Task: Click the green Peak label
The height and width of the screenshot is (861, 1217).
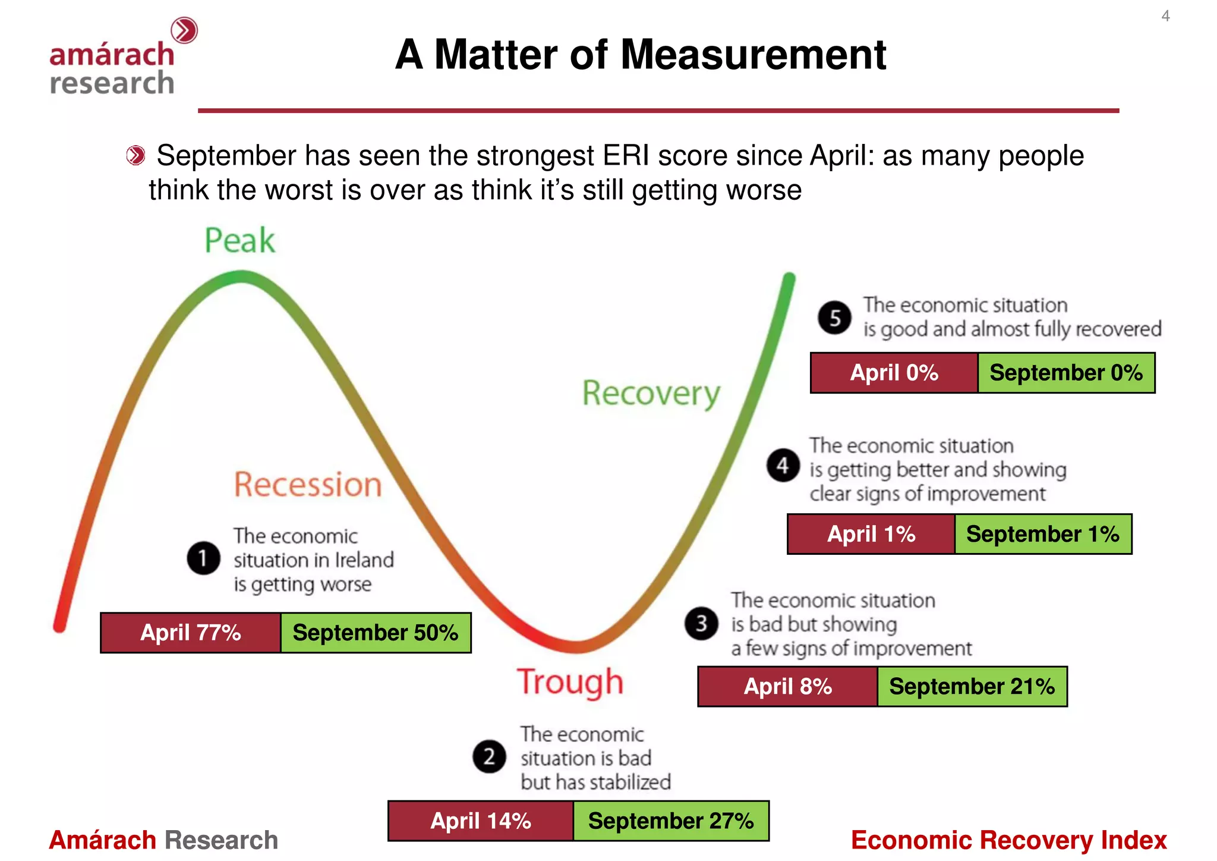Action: pyautogui.click(x=239, y=240)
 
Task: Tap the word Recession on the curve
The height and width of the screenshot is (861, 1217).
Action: pyautogui.click(x=307, y=484)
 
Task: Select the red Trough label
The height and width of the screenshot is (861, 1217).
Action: pyautogui.click(x=570, y=682)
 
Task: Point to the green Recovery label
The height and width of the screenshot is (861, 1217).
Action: pyautogui.click(x=651, y=394)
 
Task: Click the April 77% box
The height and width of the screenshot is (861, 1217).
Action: pyautogui.click(x=190, y=633)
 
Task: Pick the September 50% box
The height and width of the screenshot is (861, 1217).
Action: pyautogui.click(x=376, y=633)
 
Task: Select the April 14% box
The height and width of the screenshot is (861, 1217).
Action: pyautogui.click(x=480, y=821)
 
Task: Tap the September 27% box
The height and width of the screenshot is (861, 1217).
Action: pyautogui.click(x=671, y=821)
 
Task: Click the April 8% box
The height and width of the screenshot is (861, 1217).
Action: pyautogui.click(x=787, y=687)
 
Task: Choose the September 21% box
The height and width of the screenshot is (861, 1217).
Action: pyautogui.click(x=972, y=687)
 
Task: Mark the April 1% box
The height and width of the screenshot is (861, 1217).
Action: pyautogui.click(x=871, y=534)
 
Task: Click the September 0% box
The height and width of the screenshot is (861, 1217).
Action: pyautogui.click(x=1066, y=373)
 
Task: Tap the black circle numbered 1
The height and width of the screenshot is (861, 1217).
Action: pyautogui.click(x=203, y=558)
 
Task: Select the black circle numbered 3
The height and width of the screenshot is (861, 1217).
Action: pyautogui.click(x=701, y=623)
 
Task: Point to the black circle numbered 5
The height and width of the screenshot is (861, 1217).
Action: pyautogui.click(x=834, y=318)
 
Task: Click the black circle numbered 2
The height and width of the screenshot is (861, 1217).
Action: pyautogui.click(x=488, y=756)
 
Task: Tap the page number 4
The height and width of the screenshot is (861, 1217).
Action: pyautogui.click(x=1165, y=16)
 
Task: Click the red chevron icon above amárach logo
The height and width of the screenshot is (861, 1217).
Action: pyautogui.click(x=184, y=30)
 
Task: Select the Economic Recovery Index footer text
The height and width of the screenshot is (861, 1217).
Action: pyautogui.click(x=1008, y=840)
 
